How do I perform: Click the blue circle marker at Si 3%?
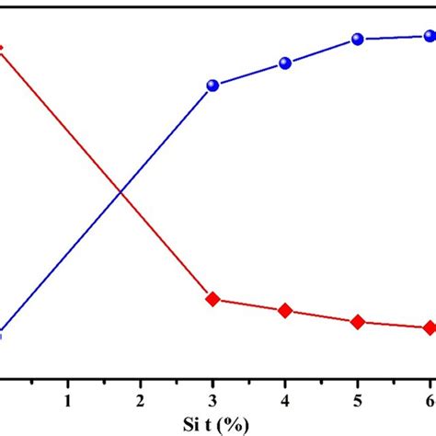pyautogui.click(x=213, y=86)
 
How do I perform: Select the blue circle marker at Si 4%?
pyautogui.click(x=285, y=63)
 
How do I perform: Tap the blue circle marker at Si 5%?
pyautogui.click(x=358, y=40)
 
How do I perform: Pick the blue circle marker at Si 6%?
pyautogui.click(x=429, y=37)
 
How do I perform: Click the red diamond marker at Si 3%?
pyautogui.click(x=213, y=299)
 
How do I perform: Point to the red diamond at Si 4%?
pyautogui.click(x=285, y=311)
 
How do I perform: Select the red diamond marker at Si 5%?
pyautogui.click(x=358, y=322)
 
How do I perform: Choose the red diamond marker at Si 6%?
pyautogui.click(x=429, y=327)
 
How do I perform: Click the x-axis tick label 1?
pyautogui.click(x=67, y=401)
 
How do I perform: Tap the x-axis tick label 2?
pyautogui.click(x=140, y=401)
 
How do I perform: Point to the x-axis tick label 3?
pyautogui.click(x=213, y=401)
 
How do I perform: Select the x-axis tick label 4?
pyautogui.click(x=285, y=401)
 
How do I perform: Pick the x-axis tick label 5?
pyautogui.click(x=358, y=401)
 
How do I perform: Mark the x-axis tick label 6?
pyautogui.click(x=429, y=401)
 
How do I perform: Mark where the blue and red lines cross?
pyautogui.click(x=120, y=191)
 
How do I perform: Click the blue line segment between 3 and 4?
pyautogui.click(x=249, y=75)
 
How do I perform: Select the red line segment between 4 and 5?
pyautogui.click(x=322, y=316)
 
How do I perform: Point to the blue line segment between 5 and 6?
pyautogui.click(x=394, y=38)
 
